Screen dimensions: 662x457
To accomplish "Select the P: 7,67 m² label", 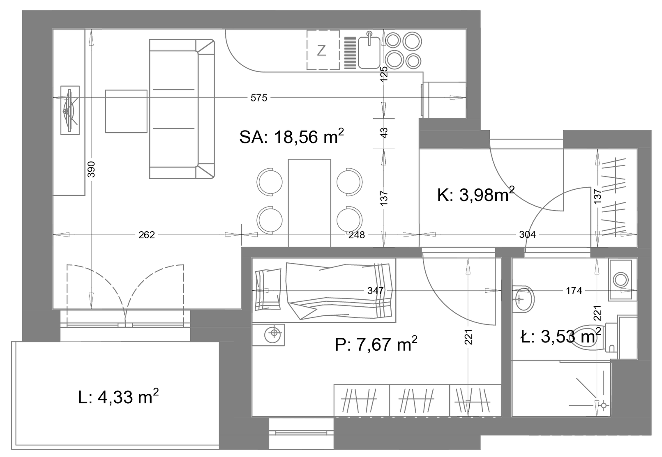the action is point(376,344).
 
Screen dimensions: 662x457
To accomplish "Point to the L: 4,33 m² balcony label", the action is point(118,397).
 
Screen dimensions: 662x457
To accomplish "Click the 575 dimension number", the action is point(259,98).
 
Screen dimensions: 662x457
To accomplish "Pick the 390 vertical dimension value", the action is point(92,169).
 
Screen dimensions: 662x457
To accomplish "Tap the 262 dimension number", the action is point(147,235).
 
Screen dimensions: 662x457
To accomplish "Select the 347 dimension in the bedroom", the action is point(375,291).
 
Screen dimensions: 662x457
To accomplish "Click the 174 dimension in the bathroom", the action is point(574,291).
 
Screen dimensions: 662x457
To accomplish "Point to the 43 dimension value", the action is point(384,133).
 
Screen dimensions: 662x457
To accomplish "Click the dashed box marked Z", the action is point(323,50).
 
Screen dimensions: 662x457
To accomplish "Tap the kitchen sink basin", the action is point(369,53).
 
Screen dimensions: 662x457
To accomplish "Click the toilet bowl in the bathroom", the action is point(587,338).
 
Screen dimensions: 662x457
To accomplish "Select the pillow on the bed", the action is point(268,289).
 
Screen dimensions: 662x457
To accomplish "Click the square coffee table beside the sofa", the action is point(126,111).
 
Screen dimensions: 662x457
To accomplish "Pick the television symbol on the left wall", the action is point(70,110).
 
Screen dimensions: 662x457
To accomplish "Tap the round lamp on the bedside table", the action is point(274,333).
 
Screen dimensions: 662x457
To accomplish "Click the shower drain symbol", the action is point(604,405).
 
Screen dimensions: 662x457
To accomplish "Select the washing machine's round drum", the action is point(620,279).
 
